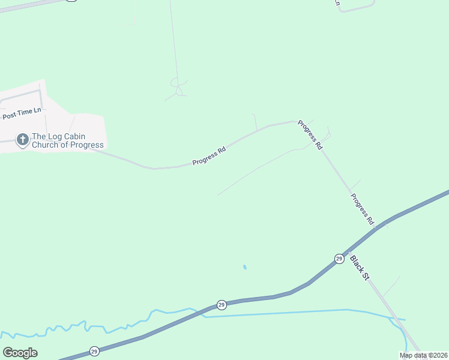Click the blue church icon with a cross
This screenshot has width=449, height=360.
click(22, 140)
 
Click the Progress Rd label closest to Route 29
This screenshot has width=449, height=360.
click(363, 209)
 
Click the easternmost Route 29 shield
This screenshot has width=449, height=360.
click(339, 258)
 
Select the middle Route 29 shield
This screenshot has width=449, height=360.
click(221, 305)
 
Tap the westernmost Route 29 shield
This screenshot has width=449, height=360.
click(94, 351)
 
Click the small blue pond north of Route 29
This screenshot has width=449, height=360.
click(244, 267)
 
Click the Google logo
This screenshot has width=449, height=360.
click(20, 353)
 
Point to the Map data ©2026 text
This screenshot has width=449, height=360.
click(423, 355)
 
